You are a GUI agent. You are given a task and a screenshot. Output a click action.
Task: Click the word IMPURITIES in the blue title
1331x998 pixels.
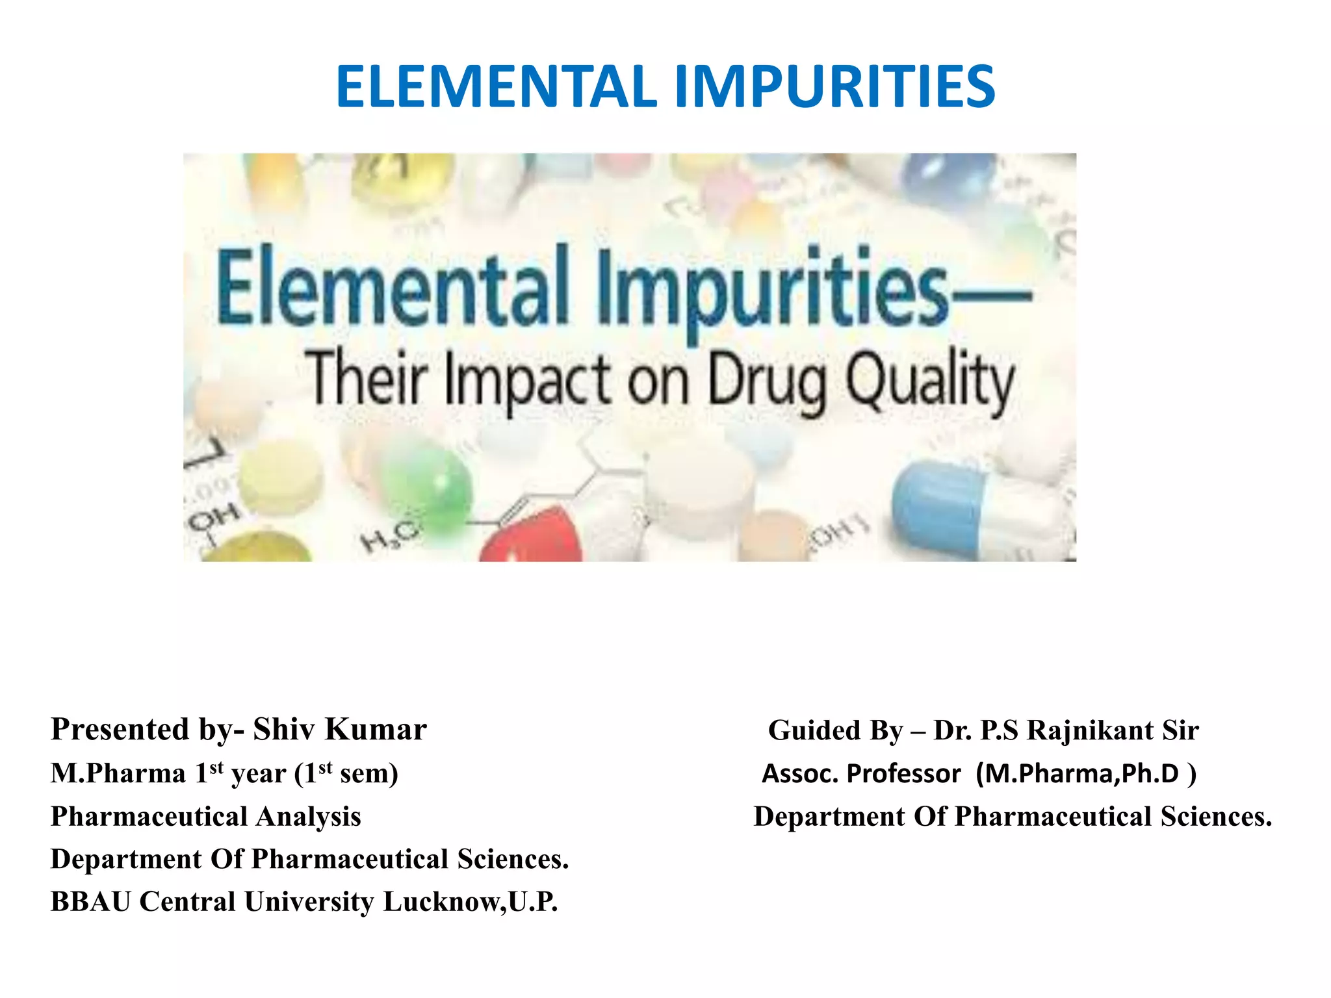[834, 87]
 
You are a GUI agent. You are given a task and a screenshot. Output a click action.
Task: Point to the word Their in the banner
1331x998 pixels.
[367, 377]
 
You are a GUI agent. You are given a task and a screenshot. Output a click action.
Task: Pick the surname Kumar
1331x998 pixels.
[376, 729]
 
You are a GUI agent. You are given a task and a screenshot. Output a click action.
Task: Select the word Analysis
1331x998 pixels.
[308, 817]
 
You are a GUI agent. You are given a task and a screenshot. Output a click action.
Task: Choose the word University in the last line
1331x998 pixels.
[309, 902]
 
